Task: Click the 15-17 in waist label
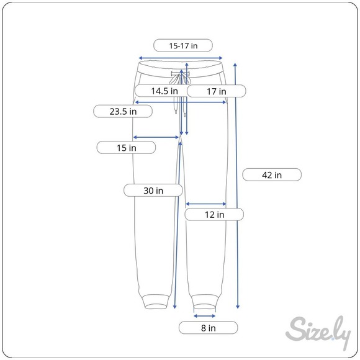click(183, 45)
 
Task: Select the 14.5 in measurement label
click(164, 91)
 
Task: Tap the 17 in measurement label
click(217, 91)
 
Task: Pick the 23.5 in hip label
click(123, 111)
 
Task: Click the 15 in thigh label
click(126, 148)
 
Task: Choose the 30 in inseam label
click(153, 191)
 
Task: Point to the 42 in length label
click(272, 175)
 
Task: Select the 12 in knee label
click(214, 214)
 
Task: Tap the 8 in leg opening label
click(208, 328)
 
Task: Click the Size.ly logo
click(318, 332)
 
